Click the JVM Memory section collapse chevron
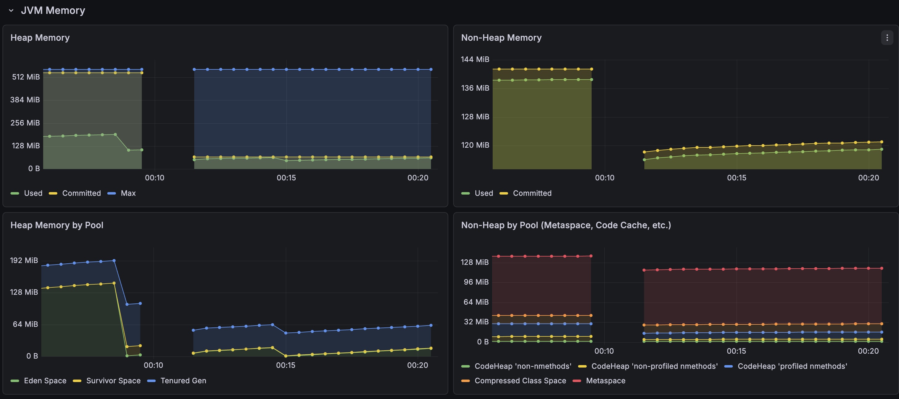[x=11, y=10]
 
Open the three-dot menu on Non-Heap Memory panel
[x=887, y=38]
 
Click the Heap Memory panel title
[x=40, y=38]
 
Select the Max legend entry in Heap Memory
[x=128, y=193]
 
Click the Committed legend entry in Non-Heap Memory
[x=532, y=193]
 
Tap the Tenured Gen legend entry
[x=183, y=380]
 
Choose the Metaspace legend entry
[x=605, y=380]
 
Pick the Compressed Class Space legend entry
[x=520, y=380]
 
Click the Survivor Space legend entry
[x=113, y=380]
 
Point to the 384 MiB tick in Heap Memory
[x=25, y=100]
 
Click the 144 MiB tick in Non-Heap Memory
[x=475, y=59]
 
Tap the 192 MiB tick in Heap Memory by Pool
[x=24, y=261]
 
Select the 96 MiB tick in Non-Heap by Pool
[x=476, y=282]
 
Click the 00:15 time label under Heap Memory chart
[x=286, y=178]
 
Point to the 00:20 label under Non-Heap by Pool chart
[x=868, y=351]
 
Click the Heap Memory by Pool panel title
[x=56, y=225]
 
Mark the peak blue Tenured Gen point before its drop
[x=114, y=261]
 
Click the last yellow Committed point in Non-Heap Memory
[x=881, y=142]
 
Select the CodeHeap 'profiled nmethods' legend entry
[x=792, y=366]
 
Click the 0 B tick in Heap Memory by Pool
[x=32, y=356]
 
